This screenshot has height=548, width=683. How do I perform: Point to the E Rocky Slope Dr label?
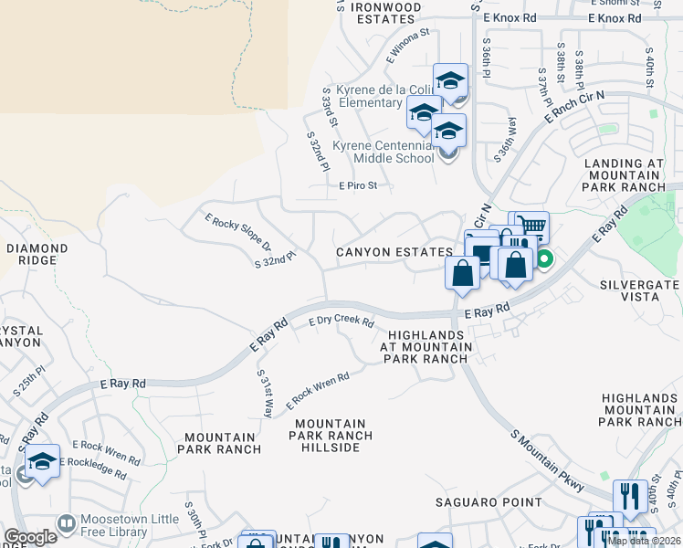pyautogui.click(x=238, y=232)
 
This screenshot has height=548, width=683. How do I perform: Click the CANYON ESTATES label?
pyautogui.click(x=394, y=252)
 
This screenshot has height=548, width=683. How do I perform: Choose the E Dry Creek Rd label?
pyautogui.click(x=341, y=321)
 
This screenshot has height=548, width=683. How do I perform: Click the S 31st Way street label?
pyautogui.click(x=265, y=395)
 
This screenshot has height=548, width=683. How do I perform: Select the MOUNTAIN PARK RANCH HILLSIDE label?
pyautogui.click(x=331, y=437)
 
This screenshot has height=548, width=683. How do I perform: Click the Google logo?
pyautogui.click(x=30, y=537)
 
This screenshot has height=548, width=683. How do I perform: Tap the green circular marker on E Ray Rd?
pyautogui.click(x=544, y=259)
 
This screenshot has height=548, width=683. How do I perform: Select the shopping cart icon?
pyautogui.click(x=531, y=224)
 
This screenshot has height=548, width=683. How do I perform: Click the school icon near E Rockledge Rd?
pyautogui.click(x=41, y=462)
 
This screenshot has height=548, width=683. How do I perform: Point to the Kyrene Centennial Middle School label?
pyautogui.click(x=384, y=152)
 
